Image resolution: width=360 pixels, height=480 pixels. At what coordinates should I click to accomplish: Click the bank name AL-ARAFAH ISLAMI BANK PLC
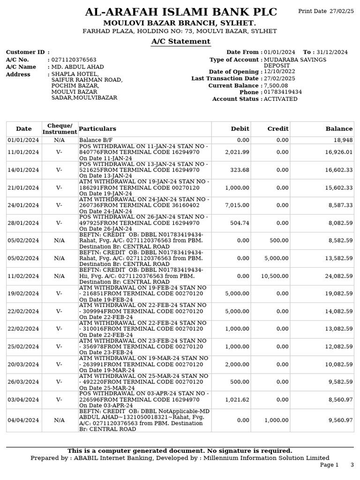click(180, 12)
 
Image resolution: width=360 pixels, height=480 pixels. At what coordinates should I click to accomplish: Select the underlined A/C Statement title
click(180, 42)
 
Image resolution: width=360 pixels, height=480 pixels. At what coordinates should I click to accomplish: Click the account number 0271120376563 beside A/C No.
click(74, 60)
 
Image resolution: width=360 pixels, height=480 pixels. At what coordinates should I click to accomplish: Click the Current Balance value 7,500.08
click(276, 86)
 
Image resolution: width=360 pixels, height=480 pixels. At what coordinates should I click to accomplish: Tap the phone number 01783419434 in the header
click(283, 92)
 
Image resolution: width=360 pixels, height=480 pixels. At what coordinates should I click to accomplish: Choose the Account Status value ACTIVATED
click(280, 99)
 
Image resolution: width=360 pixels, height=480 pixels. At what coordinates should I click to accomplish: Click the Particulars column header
click(97, 129)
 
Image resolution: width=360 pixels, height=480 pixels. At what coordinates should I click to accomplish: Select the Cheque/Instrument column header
click(60, 129)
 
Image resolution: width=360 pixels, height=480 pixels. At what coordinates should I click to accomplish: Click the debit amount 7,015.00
click(237, 205)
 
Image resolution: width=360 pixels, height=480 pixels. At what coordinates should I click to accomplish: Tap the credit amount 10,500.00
click(276, 276)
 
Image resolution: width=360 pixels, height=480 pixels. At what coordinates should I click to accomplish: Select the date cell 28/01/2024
click(23, 223)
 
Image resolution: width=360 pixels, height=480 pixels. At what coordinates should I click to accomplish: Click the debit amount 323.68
click(240, 170)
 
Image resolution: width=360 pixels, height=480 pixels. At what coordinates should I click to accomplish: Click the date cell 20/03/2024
click(23, 364)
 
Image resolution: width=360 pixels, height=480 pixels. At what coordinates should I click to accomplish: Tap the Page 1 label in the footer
click(329, 465)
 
